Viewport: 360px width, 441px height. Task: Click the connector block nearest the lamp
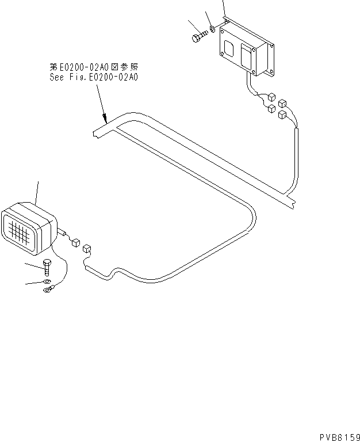tap(74, 242)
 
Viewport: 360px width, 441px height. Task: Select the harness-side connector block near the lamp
tap(87, 249)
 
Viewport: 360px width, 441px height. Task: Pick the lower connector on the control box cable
tap(270, 109)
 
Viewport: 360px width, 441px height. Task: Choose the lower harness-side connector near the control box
tap(282, 115)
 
